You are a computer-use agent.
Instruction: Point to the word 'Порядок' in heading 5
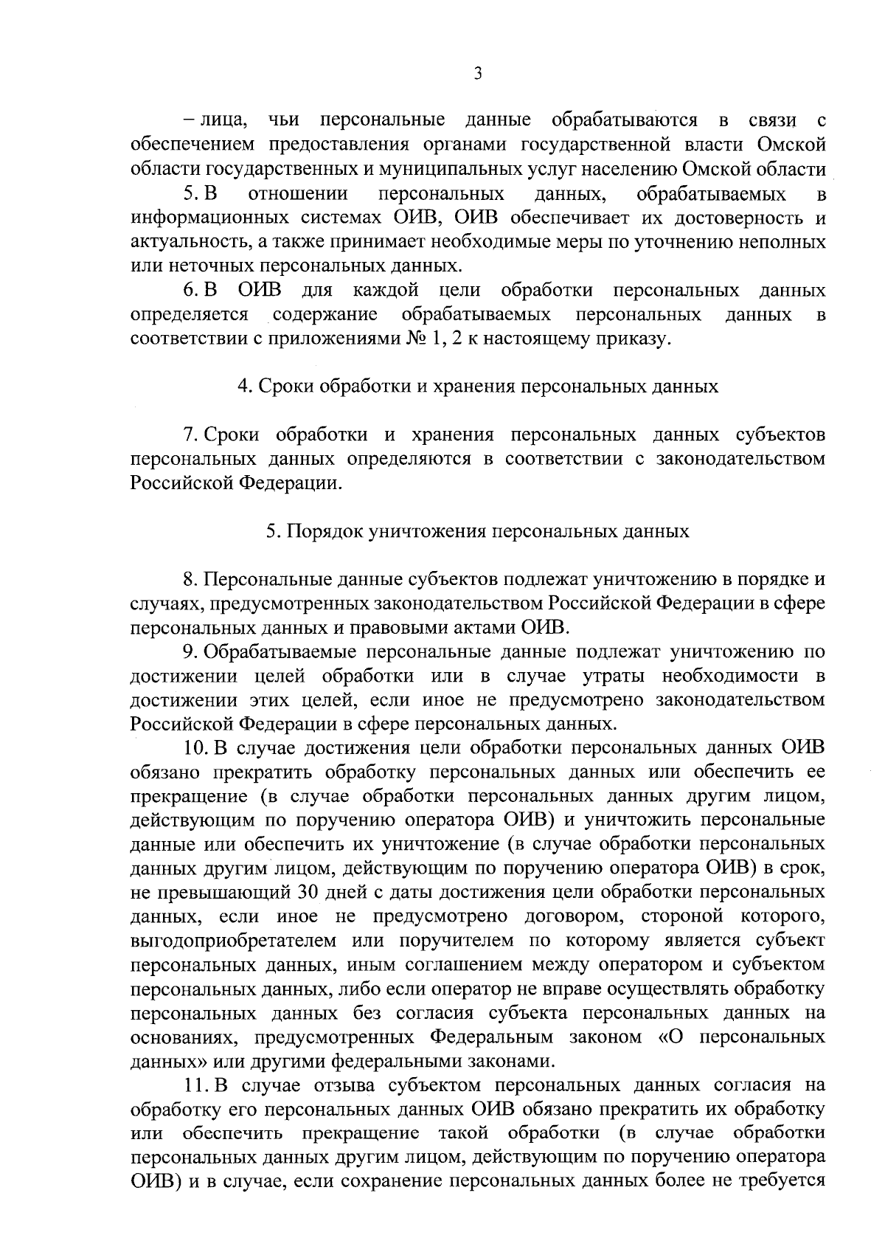point(325,531)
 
